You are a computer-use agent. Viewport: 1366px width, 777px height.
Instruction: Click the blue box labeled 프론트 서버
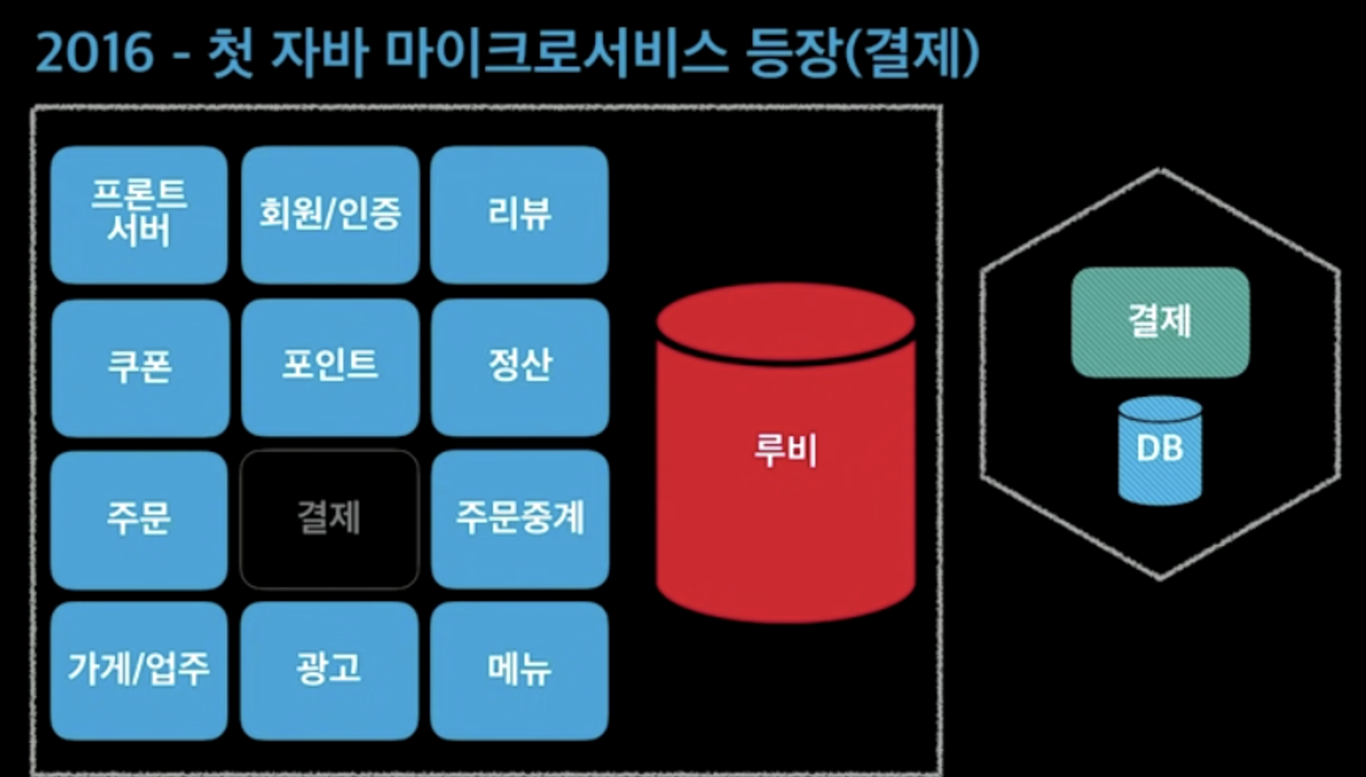click(139, 214)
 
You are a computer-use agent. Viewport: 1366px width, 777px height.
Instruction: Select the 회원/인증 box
click(330, 214)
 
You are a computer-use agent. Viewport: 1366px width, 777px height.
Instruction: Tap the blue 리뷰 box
click(519, 214)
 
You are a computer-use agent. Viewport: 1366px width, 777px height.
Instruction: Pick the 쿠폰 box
click(140, 367)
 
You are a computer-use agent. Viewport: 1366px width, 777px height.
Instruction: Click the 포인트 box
click(330, 367)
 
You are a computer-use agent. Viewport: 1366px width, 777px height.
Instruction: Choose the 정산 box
click(520, 367)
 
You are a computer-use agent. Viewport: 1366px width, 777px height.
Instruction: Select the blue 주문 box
click(139, 519)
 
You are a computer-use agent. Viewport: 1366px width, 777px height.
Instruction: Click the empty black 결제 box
click(329, 519)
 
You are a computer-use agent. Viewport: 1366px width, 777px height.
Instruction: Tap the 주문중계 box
click(520, 519)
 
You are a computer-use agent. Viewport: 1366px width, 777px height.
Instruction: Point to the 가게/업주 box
click(139, 670)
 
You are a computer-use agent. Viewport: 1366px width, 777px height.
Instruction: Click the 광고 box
click(329, 670)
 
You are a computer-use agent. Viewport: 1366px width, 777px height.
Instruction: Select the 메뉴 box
click(519, 670)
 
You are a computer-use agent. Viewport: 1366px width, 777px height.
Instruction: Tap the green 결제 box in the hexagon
click(1160, 322)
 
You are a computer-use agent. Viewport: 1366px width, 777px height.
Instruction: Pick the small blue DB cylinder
click(1160, 451)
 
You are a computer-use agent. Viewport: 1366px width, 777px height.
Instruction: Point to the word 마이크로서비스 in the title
click(557, 53)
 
